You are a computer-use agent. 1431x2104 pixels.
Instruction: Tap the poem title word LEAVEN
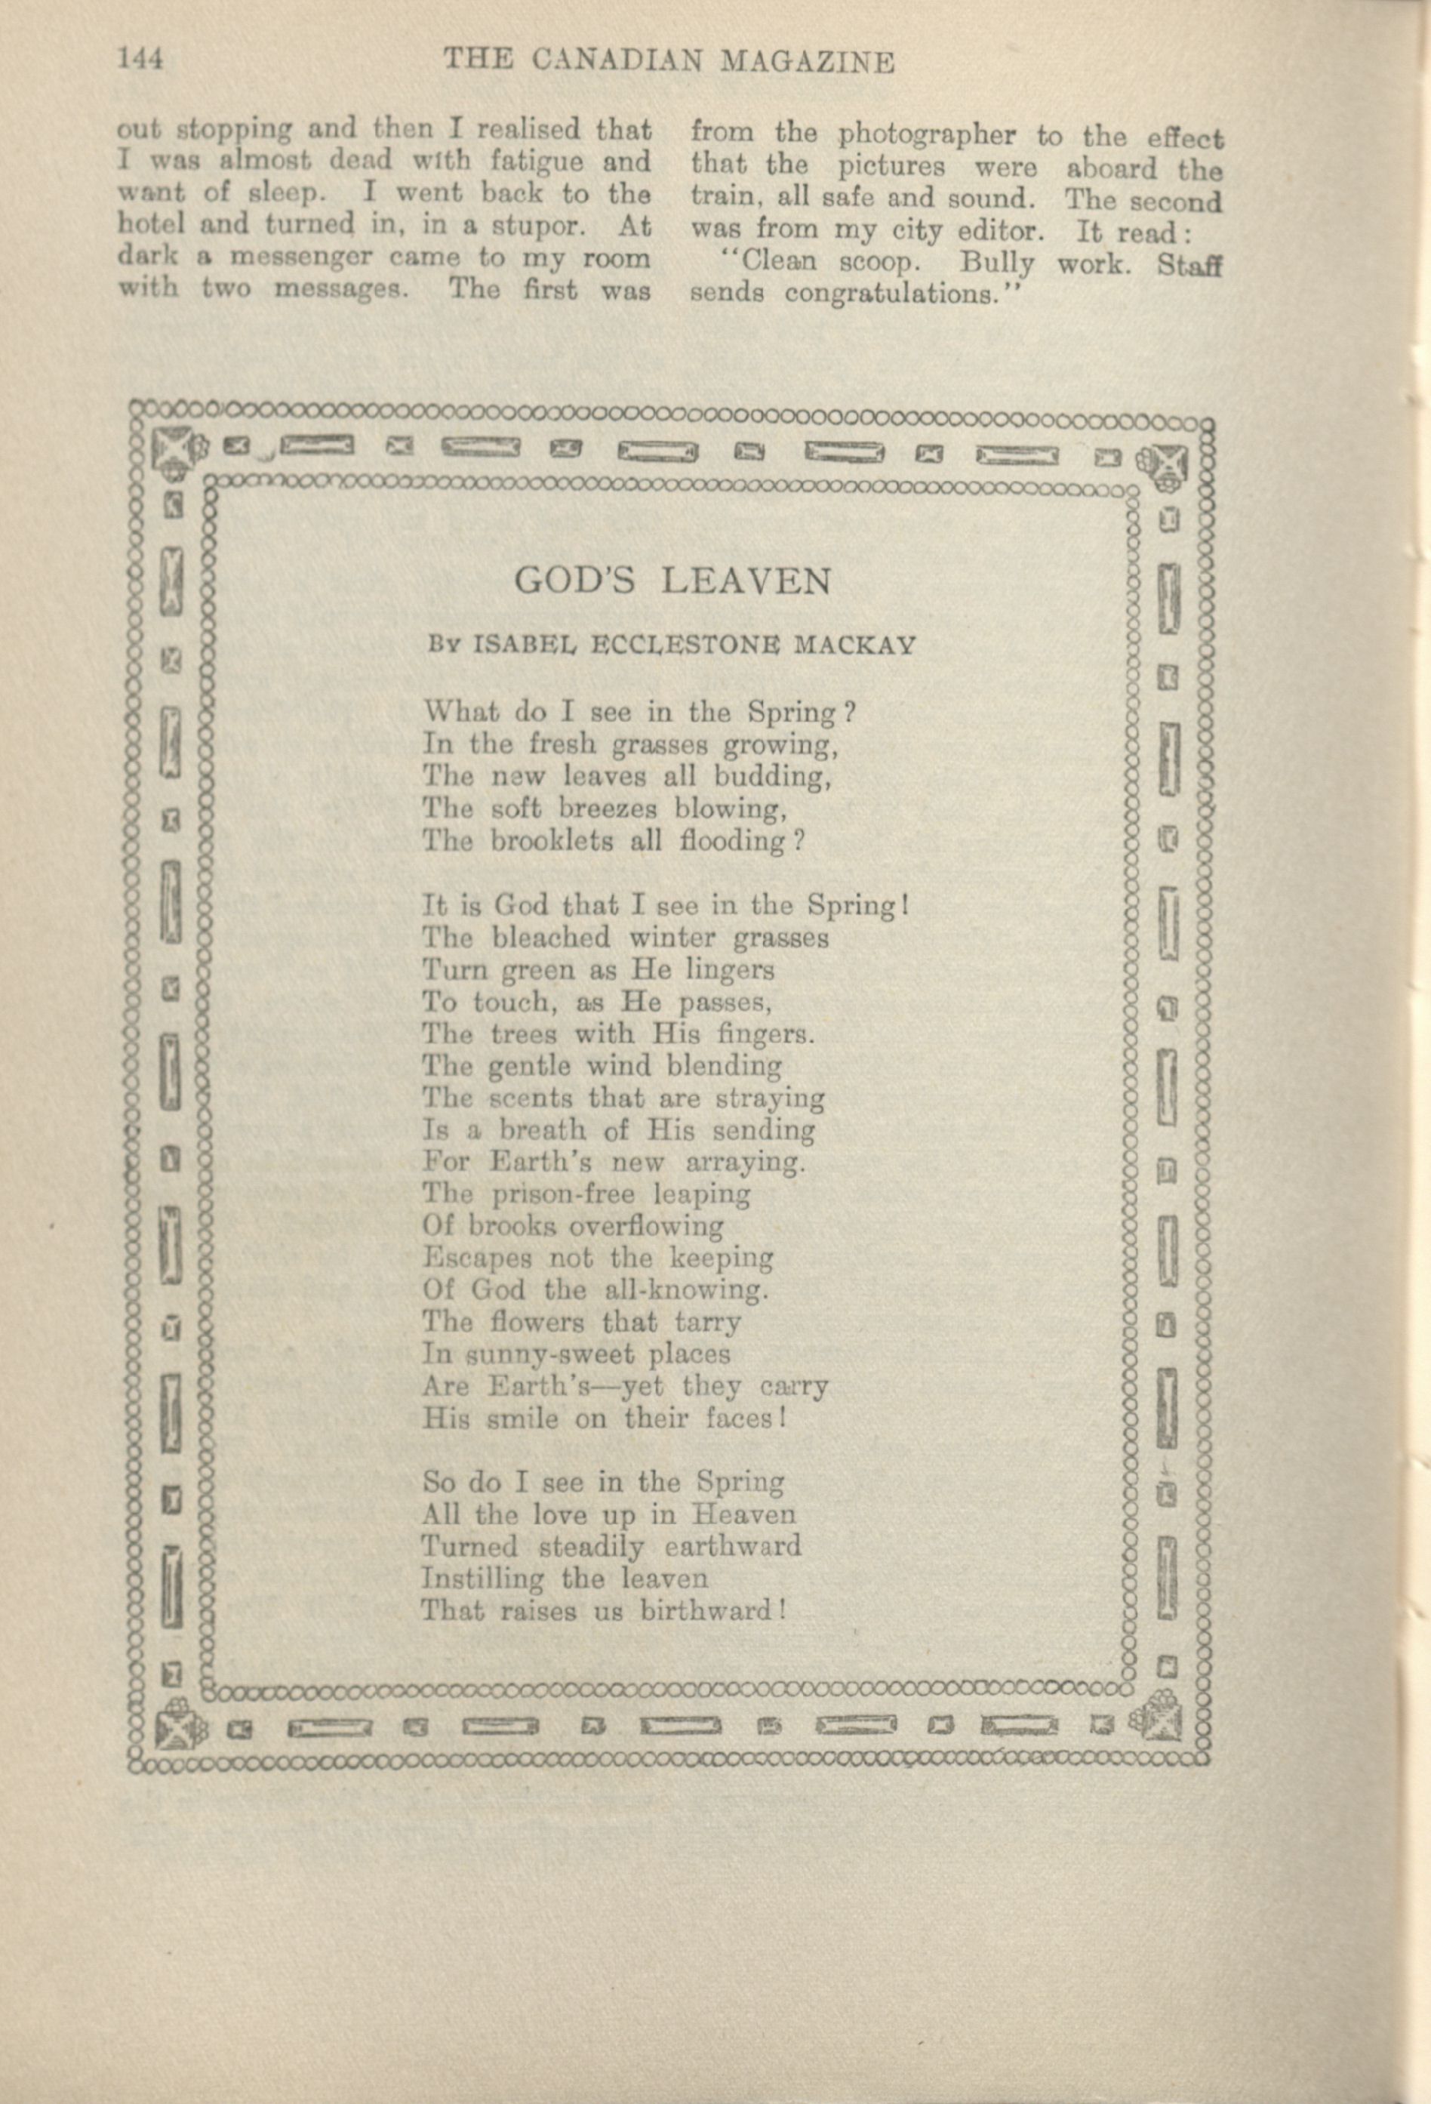coord(746,581)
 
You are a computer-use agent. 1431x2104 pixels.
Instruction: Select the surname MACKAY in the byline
coord(854,645)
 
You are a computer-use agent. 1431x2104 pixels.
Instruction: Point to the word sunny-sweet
coord(544,1355)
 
